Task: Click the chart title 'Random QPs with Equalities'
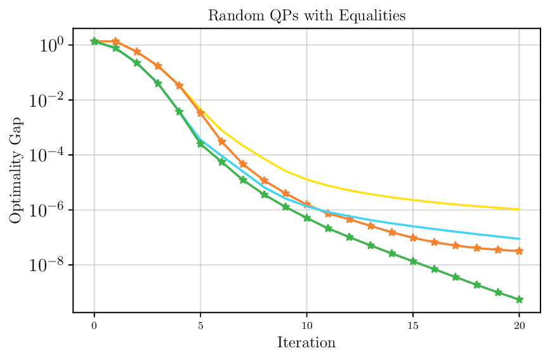coord(306,16)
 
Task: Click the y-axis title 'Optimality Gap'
coord(15,170)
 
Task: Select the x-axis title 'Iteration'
coord(306,343)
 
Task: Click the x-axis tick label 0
coord(95,325)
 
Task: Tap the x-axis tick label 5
coord(200,325)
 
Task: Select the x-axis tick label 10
coord(306,325)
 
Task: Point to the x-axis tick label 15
coord(413,325)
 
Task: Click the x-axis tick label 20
coord(519,325)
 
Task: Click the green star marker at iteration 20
coord(520,300)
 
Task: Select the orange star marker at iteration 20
coord(520,251)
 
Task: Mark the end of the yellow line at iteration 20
coord(520,210)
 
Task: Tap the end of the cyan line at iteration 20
coord(520,239)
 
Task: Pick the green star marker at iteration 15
coord(413,261)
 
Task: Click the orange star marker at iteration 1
coord(115,41)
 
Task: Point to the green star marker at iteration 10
coord(307,218)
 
